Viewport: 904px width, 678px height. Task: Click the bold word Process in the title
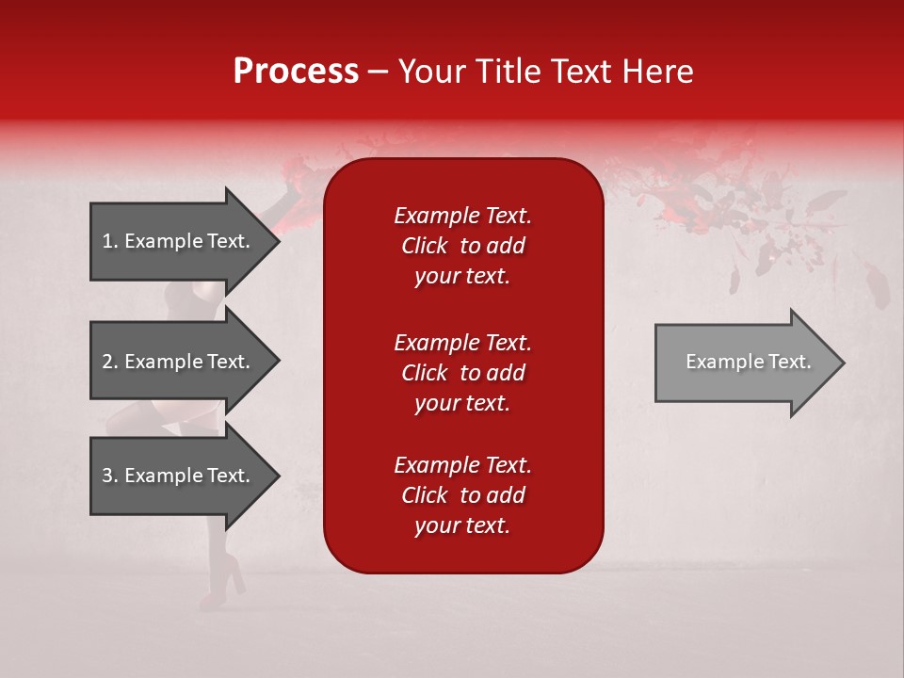tap(296, 72)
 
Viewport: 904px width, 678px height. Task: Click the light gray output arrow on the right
tap(744, 363)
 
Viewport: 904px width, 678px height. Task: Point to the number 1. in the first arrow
tap(110, 241)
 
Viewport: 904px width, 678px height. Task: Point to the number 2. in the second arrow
tap(110, 362)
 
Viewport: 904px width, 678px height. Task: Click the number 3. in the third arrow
tap(110, 476)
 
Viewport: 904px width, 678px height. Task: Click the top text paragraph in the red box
tap(462, 246)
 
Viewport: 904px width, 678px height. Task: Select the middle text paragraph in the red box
tap(462, 373)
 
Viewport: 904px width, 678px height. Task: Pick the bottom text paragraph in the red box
tap(462, 495)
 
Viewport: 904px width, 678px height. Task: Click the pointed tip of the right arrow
tap(841, 363)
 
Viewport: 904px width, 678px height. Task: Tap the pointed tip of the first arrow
tap(277, 241)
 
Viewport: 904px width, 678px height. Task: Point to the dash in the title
tap(378, 72)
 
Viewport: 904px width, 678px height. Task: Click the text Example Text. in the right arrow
tap(748, 362)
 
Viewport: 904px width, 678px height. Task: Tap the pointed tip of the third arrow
tap(277, 476)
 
